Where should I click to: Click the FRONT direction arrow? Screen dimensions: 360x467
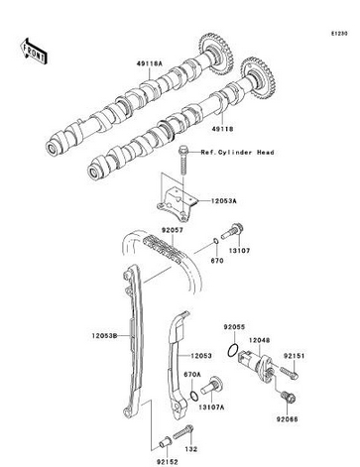tap(34, 52)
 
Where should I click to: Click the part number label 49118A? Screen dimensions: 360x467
tap(150, 63)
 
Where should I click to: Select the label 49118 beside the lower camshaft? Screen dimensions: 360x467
tap(222, 129)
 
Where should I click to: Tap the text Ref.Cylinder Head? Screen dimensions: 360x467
tap(237, 153)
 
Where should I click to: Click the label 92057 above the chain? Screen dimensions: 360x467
tap(172, 230)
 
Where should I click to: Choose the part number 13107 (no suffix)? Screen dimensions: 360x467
tap(240, 251)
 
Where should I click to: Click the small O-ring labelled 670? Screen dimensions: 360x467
tap(215, 242)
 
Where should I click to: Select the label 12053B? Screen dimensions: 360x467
tap(105, 336)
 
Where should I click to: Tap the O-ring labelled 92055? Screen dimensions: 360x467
tap(233, 350)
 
